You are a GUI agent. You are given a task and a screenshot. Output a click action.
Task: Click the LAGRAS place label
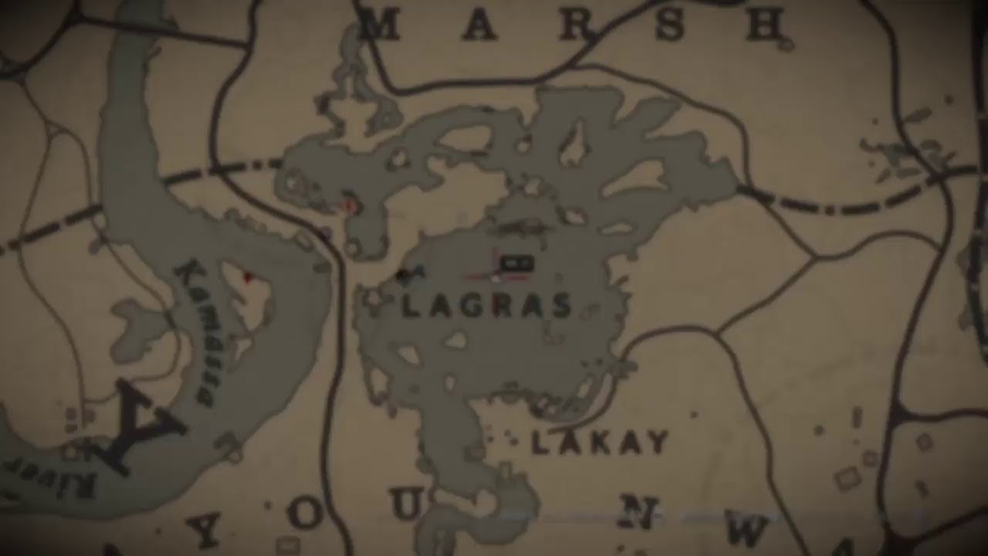pos(486,307)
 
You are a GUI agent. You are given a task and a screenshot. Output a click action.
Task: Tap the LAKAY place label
pos(600,442)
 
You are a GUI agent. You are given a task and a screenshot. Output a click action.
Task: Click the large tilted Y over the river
pos(139,429)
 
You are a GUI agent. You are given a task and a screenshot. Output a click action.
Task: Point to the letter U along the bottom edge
pos(406,506)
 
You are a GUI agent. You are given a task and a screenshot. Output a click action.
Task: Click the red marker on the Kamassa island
pos(248,276)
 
